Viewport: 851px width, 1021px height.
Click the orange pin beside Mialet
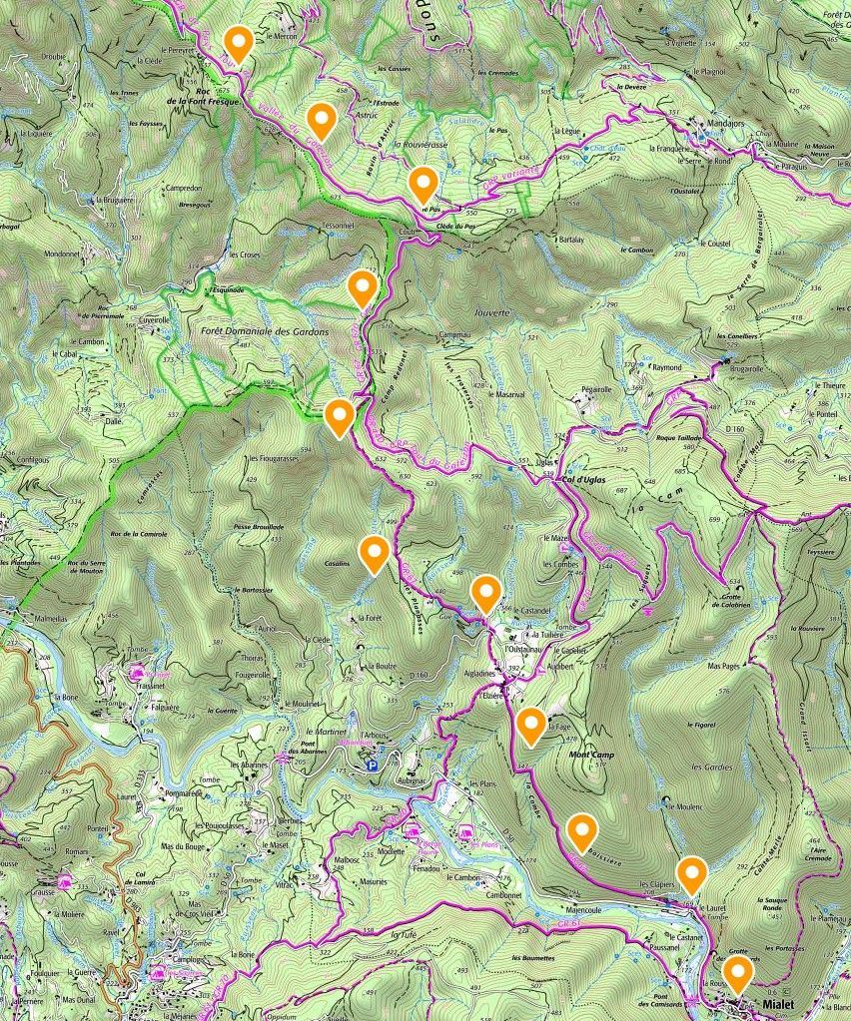738,971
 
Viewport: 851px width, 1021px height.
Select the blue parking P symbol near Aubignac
374,766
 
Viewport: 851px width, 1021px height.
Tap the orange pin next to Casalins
374,553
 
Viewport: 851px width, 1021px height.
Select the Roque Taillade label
680,437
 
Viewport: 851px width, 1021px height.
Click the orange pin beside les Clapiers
691,873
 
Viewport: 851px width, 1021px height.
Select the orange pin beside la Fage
531,726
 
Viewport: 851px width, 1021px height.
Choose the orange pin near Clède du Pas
424,184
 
